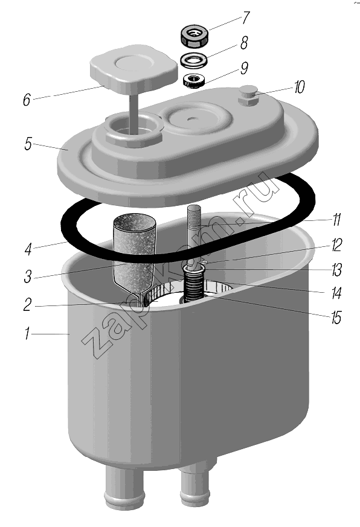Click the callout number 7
pyautogui.click(x=246, y=18)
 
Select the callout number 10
pyautogui.click(x=299, y=87)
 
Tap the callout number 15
pyautogui.click(x=336, y=318)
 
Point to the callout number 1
pyautogui.click(x=28, y=334)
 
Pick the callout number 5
pyautogui.click(x=28, y=144)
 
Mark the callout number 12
pyautogui.click(x=336, y=245)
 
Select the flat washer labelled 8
pyautogui.click(x=194, y=60)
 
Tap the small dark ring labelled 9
pyautogui.click(x=193, y=81)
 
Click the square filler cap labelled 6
pyautogui.click(x=133, y=72)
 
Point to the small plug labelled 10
pyautogui.click(x=248, y=96)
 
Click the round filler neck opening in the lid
pyautogui.click(x=134, y=128)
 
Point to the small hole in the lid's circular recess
pyautogui.click(x=191, y=118)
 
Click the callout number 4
pyautogui.click(x=28, y=249)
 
